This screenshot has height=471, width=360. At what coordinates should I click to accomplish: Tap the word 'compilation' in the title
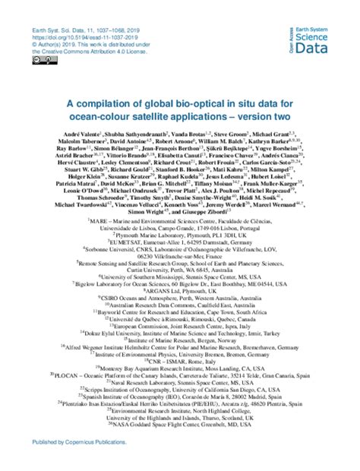118,105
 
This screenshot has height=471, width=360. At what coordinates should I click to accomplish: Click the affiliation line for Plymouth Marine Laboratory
180,278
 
